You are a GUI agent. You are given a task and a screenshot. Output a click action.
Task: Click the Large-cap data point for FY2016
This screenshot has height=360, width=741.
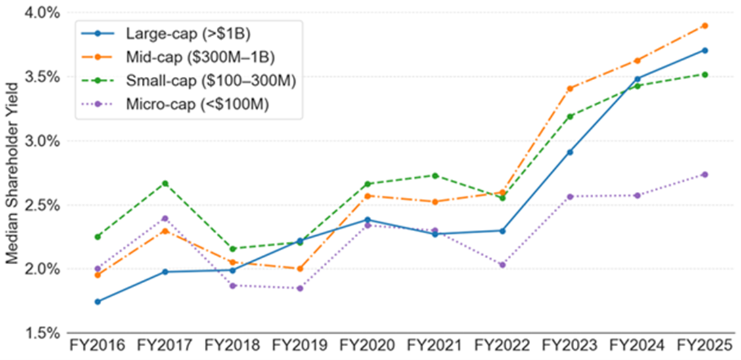[x=98, y=302]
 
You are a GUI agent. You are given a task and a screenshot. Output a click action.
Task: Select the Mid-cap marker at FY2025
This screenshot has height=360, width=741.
[x=704, y=26]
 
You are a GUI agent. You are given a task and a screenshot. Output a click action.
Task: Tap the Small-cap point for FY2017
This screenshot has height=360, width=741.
[x=166, y=183]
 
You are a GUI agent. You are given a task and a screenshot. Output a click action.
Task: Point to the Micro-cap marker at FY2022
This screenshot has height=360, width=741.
[x=503, y=265]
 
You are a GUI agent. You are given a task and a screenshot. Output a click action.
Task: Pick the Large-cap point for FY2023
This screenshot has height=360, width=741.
[x=570, y=152]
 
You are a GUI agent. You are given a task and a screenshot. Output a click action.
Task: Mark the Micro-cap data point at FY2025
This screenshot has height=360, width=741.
[x=704, y=174]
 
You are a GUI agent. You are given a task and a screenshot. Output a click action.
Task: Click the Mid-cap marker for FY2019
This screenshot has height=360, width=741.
[x=300, y=269]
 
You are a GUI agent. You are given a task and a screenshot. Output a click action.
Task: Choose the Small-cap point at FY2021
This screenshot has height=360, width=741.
[x=435, y=175]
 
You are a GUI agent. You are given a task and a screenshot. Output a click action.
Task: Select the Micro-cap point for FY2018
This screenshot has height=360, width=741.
[x=233, y=285]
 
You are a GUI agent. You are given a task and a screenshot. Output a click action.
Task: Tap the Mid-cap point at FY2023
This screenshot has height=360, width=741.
[x=570, y=89]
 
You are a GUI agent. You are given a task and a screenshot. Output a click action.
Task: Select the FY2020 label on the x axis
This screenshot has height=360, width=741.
[x=367, y=346]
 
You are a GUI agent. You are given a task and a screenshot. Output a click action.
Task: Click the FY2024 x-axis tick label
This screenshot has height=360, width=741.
[x=637, y=346]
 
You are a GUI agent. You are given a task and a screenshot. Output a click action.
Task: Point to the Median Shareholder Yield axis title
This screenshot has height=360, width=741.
[x=12, y=173]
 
